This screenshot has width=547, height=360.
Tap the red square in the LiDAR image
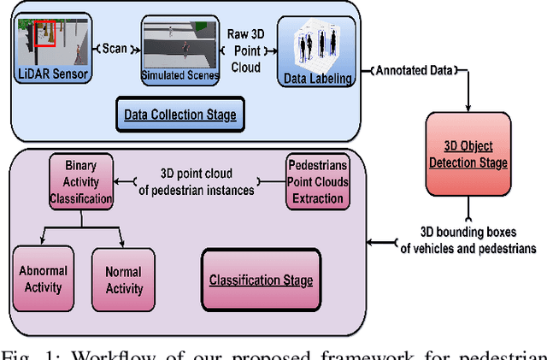pos(45,32)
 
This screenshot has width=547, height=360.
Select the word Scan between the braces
pos(114,48)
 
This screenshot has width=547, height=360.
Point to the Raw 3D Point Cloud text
pos(247,49)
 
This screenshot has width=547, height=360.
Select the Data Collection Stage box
pos(180,113)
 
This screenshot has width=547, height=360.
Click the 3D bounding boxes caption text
pos(467,241)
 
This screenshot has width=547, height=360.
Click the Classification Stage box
pos(261,280)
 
